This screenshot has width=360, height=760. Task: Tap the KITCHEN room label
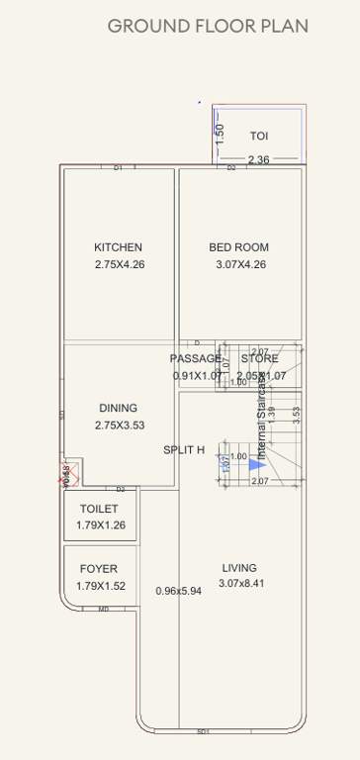(x=118, y=247)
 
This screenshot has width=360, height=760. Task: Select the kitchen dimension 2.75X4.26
(x=120, y=264)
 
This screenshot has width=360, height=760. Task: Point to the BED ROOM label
(x=238, y=247)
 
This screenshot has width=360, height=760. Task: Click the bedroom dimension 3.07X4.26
(x=241, y=264)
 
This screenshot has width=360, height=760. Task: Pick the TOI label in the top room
(x=259, y=137)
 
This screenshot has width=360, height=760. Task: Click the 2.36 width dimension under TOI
(x=258, y=159)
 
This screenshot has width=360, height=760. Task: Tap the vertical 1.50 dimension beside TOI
(x=221, y=134)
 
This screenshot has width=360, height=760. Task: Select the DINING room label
(x=118, y=408)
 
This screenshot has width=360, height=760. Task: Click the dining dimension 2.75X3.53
(x=120, y=425)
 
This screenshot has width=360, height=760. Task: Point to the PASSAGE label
(x=195, y=358)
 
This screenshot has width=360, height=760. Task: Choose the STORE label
(x=259, y=358)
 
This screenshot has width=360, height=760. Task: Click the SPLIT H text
(x=184, y=450)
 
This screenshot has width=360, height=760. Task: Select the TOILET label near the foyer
(x=99, y=509)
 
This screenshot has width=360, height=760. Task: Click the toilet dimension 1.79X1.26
(x=101, y=525)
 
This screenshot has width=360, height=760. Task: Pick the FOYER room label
(x=99, y=569)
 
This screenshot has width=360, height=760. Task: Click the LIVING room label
(x=239, y=568)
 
